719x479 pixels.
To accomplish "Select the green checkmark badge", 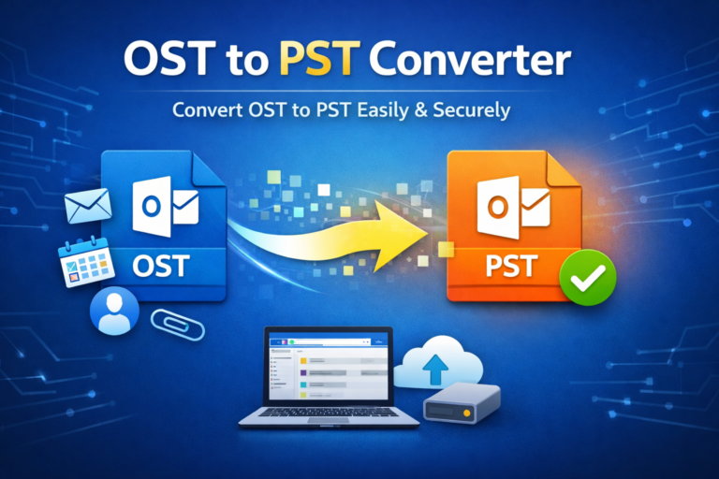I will pos(587,277).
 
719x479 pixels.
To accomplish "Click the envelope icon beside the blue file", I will pos(89,206).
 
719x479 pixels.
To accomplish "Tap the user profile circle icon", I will pos(114,313).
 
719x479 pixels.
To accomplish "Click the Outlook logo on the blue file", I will pos(165,207).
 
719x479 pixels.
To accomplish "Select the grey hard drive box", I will pos(462,404).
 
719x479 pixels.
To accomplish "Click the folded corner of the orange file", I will pos(558,169).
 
